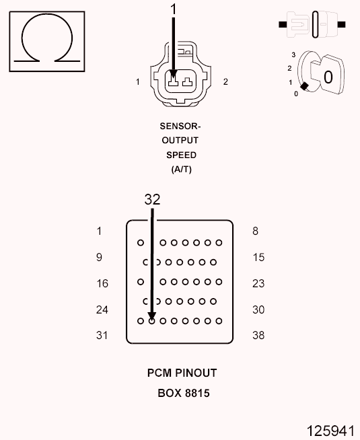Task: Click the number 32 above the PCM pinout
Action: pyautogui.click(x=152, y=200)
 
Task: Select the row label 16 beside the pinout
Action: pyautogui.click(x=102, y=283)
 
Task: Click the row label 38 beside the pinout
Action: pyautogui.click(x=258, y=335)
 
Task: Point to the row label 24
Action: pyautogui.click(x=102, y=309)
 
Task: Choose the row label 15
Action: pyautogui.click(x=258, y=257)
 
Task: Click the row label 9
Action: pyautogui.click(x=99, y=257)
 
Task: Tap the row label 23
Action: pyautogui.click(x=258, y=283)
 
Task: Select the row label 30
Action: pyautogui.click(x=258, y=309)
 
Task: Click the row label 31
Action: pyautogui.click(x=102, y=335)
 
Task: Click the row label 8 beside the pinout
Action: pyautogui.click(x=255, y=231)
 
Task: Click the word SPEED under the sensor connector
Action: pyautogui.click(x=181, y=155)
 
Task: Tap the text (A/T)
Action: pyautogui.click(x=182, y=170)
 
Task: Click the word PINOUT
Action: pyautogui.click(x=196, y=373)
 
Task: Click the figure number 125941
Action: pyautogui.click(x=330, y=431)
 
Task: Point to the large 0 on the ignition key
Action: pyautogui.click(x=328, y=77)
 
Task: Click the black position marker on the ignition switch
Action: pyautogui.click(x=304, y=86)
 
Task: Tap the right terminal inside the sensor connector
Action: pyautogui.click(x=187, y=82)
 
